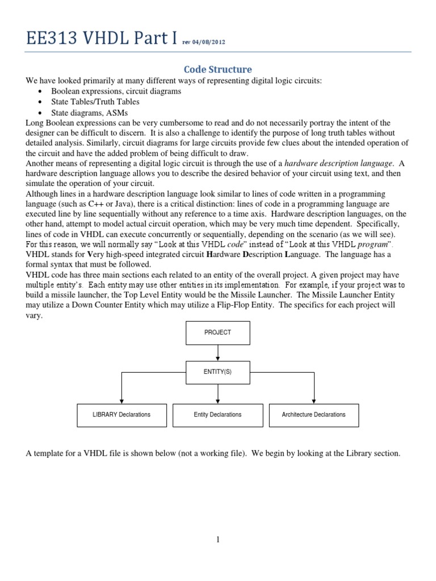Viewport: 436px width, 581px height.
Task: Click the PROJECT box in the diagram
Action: coord(217,332)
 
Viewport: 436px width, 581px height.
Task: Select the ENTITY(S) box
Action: coord(217,372)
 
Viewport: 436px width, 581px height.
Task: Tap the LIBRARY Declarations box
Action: coord(121,415)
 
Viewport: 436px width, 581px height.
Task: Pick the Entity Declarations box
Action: coord(217,415)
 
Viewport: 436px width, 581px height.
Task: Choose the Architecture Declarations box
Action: coord(313,415)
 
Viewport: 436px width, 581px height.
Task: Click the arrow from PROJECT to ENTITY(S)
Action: coord(217,352)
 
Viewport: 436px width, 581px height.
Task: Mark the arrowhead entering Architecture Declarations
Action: coord(313,401)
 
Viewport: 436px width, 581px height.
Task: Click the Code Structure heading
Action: coord(218,69)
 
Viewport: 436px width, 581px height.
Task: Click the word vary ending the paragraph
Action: coord(34,315)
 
